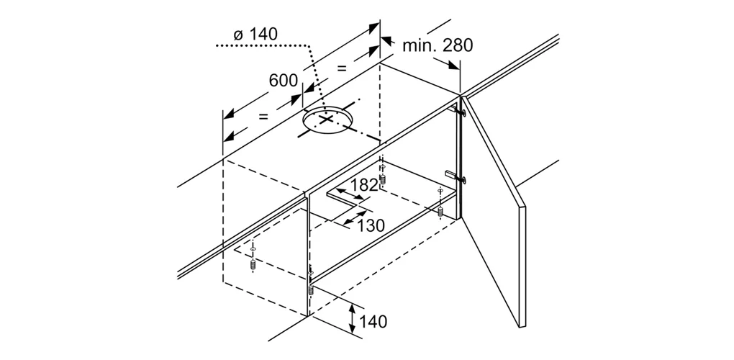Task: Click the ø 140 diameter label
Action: click(255, 35)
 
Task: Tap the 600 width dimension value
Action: click(283, 81)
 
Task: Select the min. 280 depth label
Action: click(438, 46)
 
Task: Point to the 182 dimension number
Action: click(365, 185)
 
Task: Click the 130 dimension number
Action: click(371, 225)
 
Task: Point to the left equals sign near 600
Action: click(264, 116)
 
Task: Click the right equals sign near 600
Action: click(342, 69)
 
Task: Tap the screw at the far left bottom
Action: click(254, 264)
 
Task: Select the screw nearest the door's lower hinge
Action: click(439, 210)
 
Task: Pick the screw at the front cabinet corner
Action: click(310, 289)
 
